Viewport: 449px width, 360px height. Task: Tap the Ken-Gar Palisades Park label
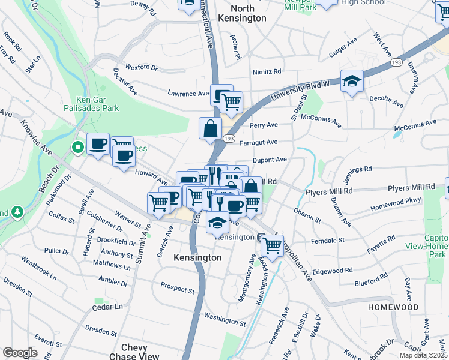tap(98, 104)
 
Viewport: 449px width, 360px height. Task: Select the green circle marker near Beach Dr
tap(77, 147)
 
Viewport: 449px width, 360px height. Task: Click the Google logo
tap(20, 353)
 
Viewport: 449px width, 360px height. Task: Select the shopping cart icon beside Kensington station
tap(273, 245)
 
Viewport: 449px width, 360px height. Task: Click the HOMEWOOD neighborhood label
tap(393, 307)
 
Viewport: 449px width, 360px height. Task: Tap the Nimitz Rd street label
tap(267, 71)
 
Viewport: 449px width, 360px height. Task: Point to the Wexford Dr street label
tap(141, 67)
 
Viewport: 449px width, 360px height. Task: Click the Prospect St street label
tap(178, 291)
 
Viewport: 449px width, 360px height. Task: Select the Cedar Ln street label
tap(107, 306)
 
